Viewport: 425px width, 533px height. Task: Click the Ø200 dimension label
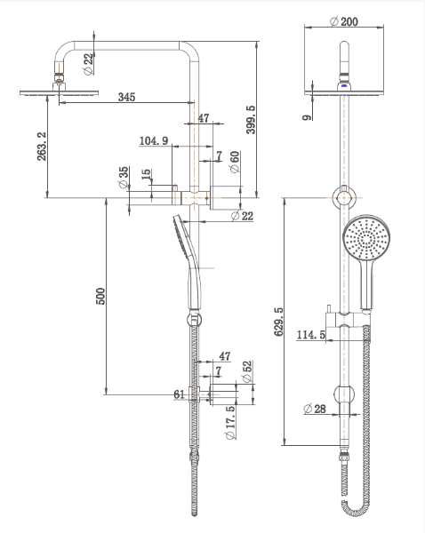(x=344, y=21)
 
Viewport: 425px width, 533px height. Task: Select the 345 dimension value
(x=126, y=97)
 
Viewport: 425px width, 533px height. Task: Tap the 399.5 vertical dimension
(x=251, y=119)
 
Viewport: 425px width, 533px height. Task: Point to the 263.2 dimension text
(x=42, y=147)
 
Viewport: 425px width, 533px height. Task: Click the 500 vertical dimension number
(x=101, y=296)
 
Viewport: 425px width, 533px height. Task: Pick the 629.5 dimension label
(x=278, y=322)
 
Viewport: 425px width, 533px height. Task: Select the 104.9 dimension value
(x=154, y=140)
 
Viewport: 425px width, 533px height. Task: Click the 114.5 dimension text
(x=310, y=335)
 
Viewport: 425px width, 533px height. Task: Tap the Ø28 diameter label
(x=315, y=409)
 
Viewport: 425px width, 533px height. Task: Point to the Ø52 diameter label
(x=247, y=370)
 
